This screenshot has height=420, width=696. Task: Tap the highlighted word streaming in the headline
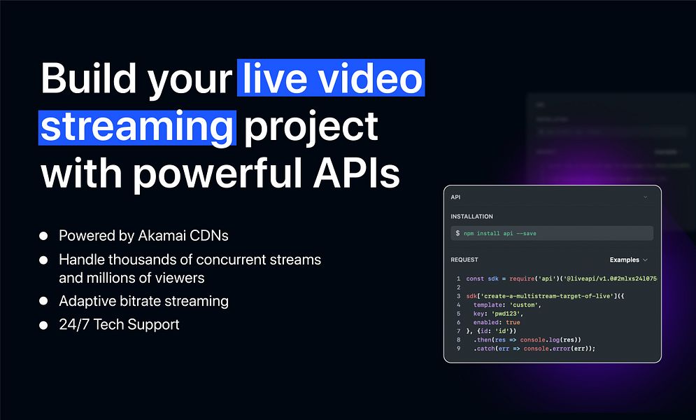click(x=136, y=126)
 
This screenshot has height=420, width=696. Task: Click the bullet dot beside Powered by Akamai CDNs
click(x=44, y=235)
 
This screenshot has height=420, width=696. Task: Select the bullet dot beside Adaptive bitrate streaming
click(x=44, y=301)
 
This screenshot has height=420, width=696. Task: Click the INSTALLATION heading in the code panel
click(x=471, y=217)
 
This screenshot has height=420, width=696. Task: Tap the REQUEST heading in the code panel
click(x=464, y=260)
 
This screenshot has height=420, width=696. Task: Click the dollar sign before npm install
click(x=457, y=233)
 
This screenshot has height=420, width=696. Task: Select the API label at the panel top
click(x=456, y=198)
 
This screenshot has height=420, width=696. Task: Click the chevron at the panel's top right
click(x=645, y=198)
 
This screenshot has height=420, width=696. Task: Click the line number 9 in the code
click(x=457, y=349)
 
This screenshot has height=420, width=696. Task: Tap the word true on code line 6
click(x=513, y=323)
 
